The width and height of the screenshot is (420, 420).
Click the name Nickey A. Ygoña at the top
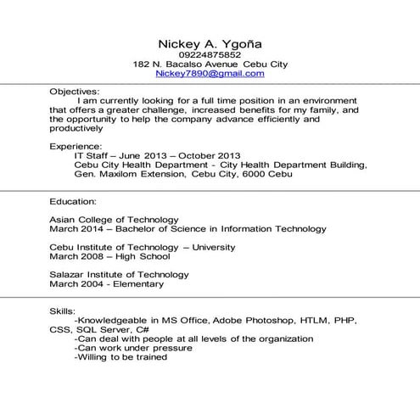pyautogui.click(x=210, y=43)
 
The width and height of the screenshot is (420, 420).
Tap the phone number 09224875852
pyautogui.click(x=210, y=55)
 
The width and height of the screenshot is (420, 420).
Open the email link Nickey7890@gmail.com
pyautogui.click(x=210, y=74)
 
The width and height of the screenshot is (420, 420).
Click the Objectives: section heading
pyautogui.click(x=75, y=91)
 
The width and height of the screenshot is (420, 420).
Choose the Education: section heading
pyautogui.click(x=73, y=202)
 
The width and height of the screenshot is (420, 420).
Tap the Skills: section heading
pyautogui.click(x=63, y=311)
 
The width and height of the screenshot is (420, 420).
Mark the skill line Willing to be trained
pyautogui.click(x=120, y=357)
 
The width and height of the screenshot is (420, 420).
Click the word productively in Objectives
pyautogui.click(x=76, y=129)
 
